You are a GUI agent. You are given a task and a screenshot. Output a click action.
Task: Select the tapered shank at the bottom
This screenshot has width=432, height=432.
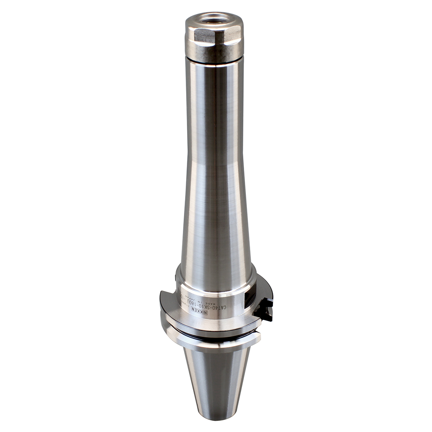tap(215, 382)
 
